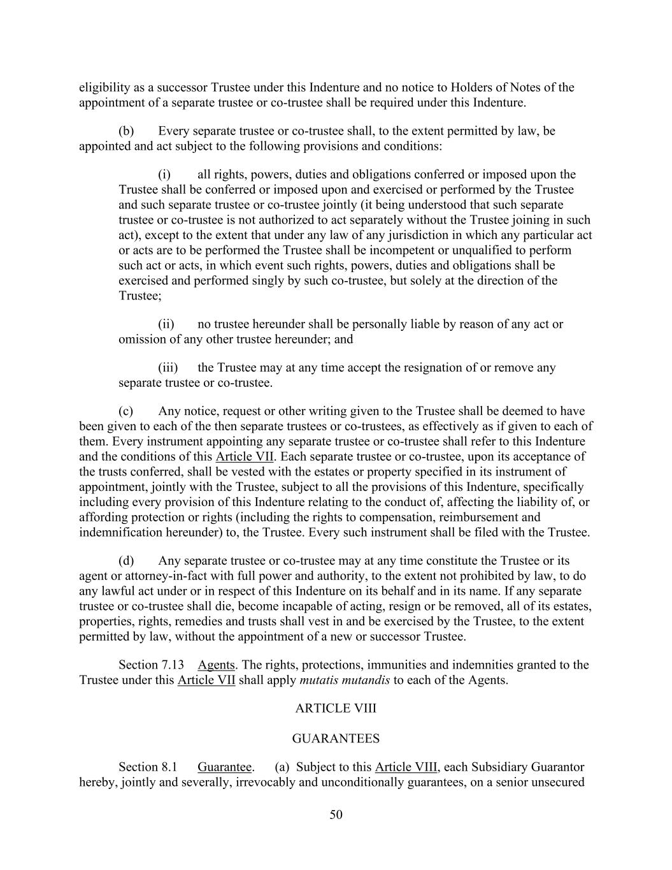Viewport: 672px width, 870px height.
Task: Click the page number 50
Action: coord(336,814)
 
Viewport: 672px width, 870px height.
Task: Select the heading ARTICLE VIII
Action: coord(336,708)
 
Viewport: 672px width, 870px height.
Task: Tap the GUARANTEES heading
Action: coord(336,739)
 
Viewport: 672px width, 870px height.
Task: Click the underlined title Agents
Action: coord(216,665)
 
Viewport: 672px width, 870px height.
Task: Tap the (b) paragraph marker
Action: coord(126,131)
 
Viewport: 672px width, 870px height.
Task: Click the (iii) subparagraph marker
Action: coord(168,368)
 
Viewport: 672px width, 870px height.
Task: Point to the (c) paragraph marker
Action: coord(126,411)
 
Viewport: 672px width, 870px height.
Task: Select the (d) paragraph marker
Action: coord(126,561)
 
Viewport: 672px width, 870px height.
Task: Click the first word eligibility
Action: coord(102,88)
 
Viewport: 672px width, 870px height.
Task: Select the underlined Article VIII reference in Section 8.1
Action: coord(406,767)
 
